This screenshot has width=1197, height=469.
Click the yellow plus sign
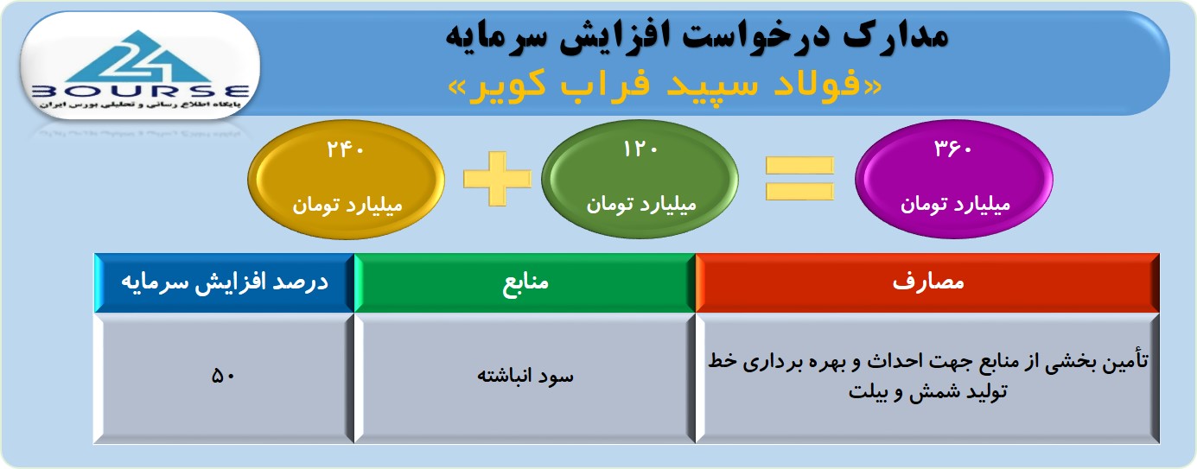[x=497, y=179]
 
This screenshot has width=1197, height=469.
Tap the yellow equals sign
[x=799, y=179]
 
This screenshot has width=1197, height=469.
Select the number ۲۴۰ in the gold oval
[x=346, y=150]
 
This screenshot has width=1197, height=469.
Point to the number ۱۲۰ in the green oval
[x=640, y=149]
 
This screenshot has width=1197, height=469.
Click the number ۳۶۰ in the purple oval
[x=952, y=149]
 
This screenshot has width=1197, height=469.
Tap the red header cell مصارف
[x=927, y=282]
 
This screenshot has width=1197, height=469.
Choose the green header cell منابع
[x=525, y=282]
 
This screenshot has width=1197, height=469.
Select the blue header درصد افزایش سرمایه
[x=225, y=282]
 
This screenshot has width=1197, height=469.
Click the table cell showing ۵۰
[x=223, y=377]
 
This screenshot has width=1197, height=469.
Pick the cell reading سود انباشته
[x=525, y=377]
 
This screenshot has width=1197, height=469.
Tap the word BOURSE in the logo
[x=140, y=92]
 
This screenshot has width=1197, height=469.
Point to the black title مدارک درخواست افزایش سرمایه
[x=697, y=36]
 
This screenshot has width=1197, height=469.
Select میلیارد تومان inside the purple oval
[x=955, y=205]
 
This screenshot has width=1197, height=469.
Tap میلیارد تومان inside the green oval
[x=640, y=205]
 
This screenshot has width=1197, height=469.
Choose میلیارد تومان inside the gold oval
[x=347, y=206]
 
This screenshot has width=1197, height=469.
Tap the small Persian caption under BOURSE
[x=140, y=105]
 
